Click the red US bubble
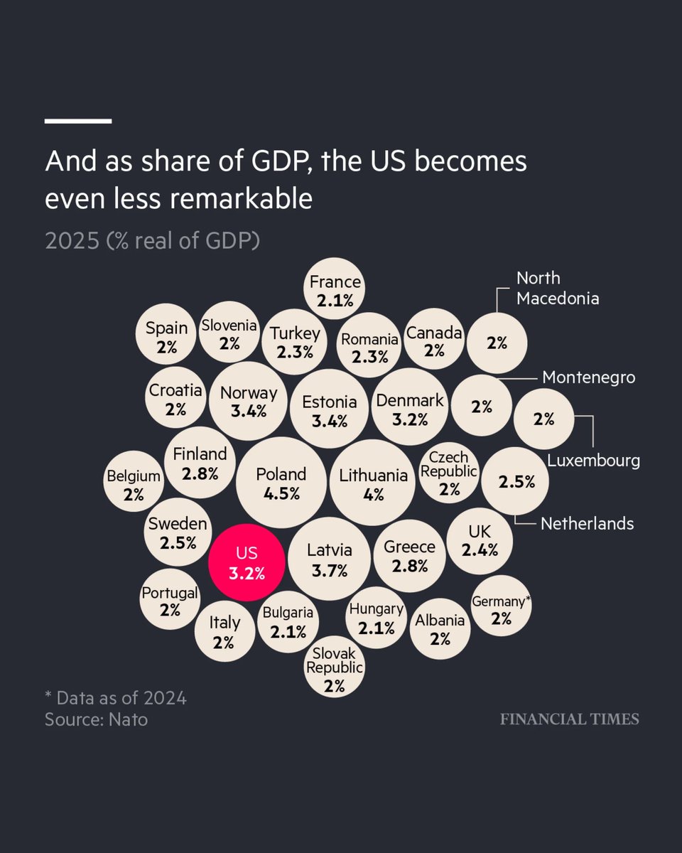click(247, 564)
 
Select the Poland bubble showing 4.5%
click(281, 483)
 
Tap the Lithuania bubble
click(373, 483)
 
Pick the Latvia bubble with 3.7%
click(329, 559)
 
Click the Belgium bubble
click(134, 485)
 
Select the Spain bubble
click(166, 337)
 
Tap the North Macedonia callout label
click(557, 288)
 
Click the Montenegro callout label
click(588, 377)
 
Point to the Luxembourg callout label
click(593, 461)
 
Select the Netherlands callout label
click(587, 524)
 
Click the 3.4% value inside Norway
click(249, 411)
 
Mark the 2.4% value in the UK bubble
click(480, 549)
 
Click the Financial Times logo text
click(569, 719)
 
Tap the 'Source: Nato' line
click(96, 719)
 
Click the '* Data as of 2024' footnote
click(115, 698)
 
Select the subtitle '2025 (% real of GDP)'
click(152, 241)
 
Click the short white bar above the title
click(77, 121)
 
